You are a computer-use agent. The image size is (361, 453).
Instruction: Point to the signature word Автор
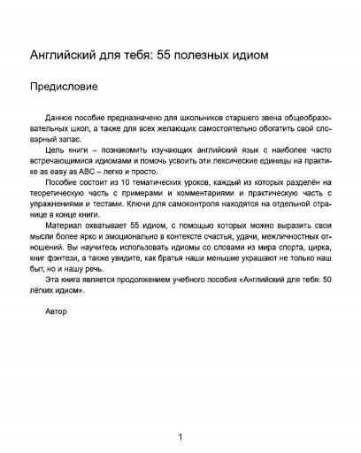(x=55, y=312)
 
